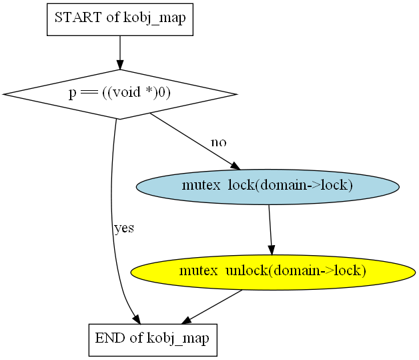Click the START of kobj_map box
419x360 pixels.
point(120,19)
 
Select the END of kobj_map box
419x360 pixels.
point(153,340)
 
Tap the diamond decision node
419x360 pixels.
point(119,94)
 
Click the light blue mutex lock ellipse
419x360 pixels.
point(268,187)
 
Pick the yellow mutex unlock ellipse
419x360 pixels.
point(273,273)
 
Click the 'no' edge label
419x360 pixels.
point(219,142)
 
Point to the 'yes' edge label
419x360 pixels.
point(124,228)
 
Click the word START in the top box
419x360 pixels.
point(78,17)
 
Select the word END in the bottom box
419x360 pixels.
point(111,338)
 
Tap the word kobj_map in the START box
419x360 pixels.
point(155,19)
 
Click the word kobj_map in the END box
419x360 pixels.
point(178,339)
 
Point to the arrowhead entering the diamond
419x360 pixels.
point(120,65)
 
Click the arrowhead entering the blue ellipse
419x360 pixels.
point(236,166)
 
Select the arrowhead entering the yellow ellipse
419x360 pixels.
point(272,250)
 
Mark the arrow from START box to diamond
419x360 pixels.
point(120,53)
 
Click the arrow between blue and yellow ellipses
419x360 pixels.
point(270,230)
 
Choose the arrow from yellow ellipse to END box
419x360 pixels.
point(212,307)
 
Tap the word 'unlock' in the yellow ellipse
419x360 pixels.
point(246,271)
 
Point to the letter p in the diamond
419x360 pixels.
point(73,94)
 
